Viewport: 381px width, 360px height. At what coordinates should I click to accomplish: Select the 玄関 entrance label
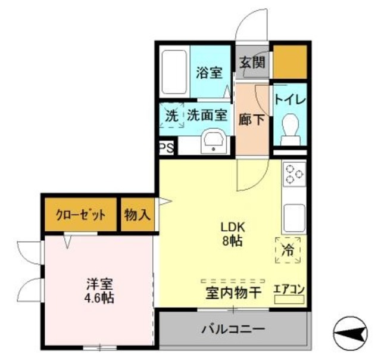253,61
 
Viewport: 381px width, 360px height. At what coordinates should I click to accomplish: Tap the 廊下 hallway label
252,119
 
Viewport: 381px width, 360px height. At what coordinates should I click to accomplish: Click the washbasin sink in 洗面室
213,142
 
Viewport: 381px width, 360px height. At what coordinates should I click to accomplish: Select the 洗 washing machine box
171,116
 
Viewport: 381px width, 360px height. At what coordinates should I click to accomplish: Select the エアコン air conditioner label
289,290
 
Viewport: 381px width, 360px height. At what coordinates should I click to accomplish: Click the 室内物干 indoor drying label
233,293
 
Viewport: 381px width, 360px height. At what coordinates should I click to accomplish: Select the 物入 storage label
138,215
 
